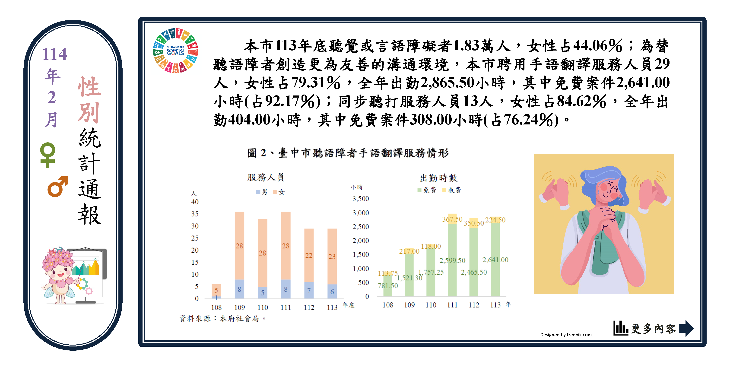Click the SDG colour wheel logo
pyautogui.click(x=175, y=51)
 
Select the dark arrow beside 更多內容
pyautogui.click(x=686, y=328)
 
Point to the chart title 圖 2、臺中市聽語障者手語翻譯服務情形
pyautogui.click(x=348, y=153)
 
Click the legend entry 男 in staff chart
pyautogui.click(x=262, y=192)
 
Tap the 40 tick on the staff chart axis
pyautogui.click(x=195, y=202)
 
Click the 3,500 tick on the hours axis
pyautogui.click(x=360, y=199)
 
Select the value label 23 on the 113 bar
pyautogui.click(x=332, y=257)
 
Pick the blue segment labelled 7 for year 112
pyautogui.click(x=309, y=290)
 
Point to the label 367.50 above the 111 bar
pyautogui.click(x=452, y=219)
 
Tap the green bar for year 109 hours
pyautogui.click(x=409, y=275)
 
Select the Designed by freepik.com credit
pyautogui.click(x=566, y=335)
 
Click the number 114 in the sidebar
pyautogui.click(x=54, y=54)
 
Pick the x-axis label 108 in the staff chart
pyautogui.click(x=216, y=308)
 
